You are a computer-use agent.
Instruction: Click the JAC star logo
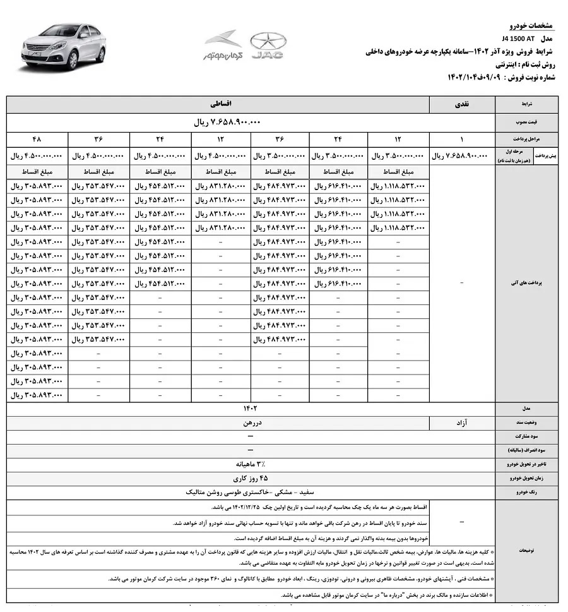coord(268,46)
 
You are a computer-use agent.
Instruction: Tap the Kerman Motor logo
coord(223,45)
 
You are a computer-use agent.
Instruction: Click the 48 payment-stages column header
coord(37,138)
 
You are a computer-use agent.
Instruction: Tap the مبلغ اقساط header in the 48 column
coord(37,172)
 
